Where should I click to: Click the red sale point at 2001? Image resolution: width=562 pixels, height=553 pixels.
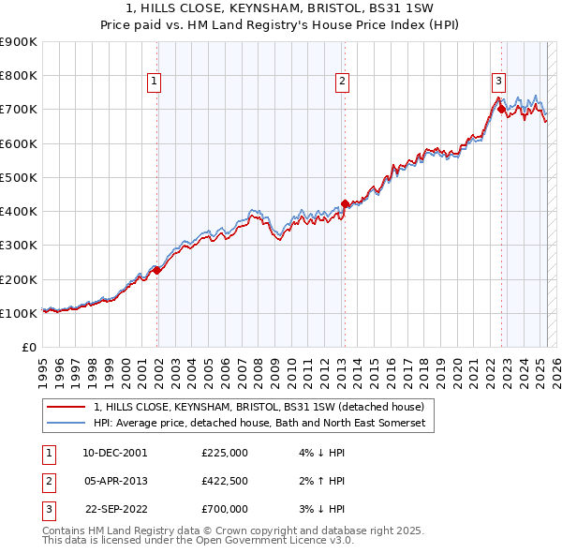pos(157,270)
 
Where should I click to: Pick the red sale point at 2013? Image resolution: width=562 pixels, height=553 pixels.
pos(345,203)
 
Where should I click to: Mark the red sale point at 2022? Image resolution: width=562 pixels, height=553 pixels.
pos(501,109)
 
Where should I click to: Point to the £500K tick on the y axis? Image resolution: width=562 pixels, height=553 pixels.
pos(19,177)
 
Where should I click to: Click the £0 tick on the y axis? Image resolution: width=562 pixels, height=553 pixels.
pos(30,347)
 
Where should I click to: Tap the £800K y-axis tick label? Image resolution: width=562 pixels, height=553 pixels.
pos(19,75)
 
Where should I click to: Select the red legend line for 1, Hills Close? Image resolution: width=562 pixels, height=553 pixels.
pos(66,407)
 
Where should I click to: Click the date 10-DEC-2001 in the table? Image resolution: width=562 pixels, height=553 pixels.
pos(115,452)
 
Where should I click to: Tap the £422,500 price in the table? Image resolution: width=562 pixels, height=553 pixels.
pos(225,481)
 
